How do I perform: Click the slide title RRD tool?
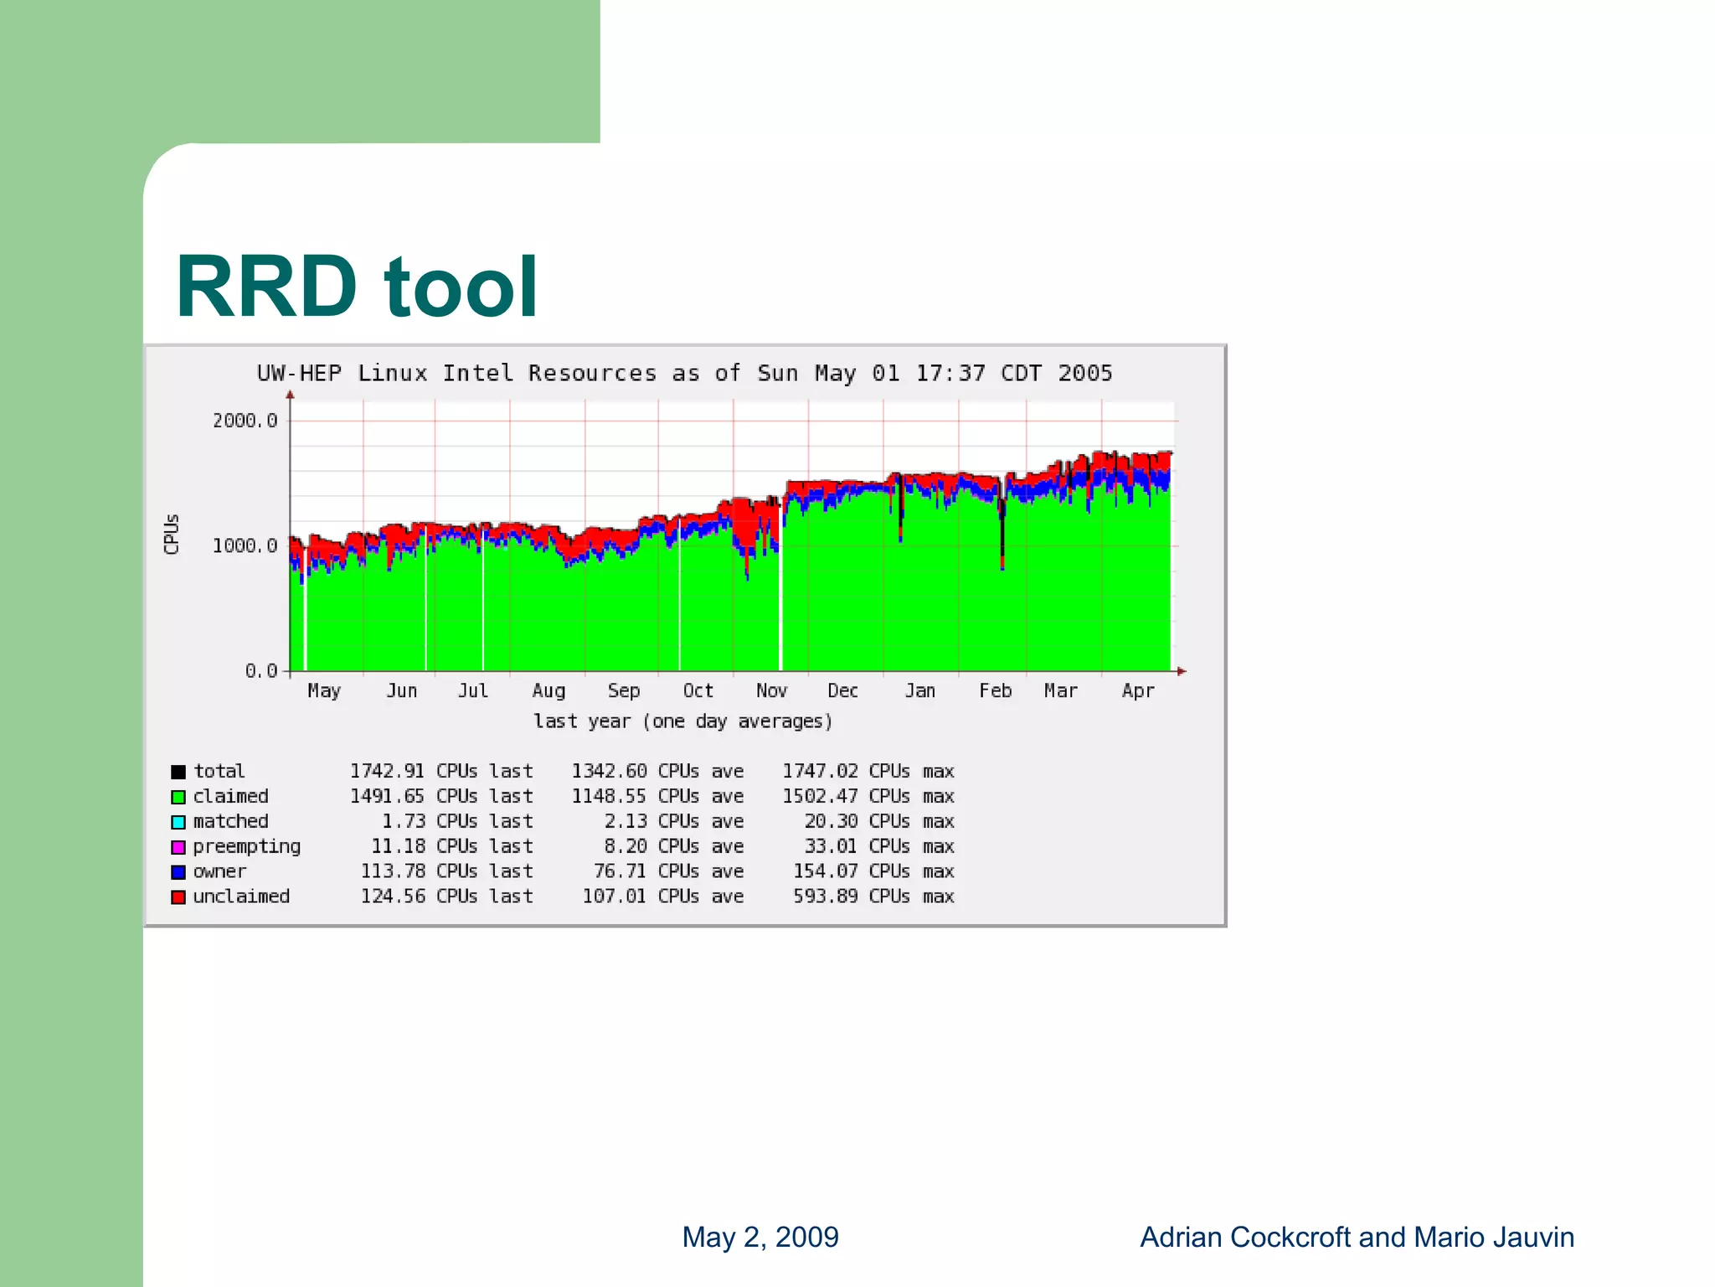tap(356, 287)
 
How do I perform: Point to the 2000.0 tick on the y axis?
tap(245, 421)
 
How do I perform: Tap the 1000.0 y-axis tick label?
tap(245, 546)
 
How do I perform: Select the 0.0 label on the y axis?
tap(260, 671)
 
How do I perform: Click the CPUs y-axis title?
tap(172, 534)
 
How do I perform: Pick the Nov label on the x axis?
tap(771, 691)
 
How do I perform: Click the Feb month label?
tap(996, 691)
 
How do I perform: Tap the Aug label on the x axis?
tap(548, 691)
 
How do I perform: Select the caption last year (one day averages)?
tap(683, 721)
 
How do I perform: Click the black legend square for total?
tap(178, 772)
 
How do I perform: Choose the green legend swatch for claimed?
tap(178, 797)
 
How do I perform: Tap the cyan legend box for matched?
tap(178, 822)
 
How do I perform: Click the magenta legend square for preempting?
tap(178, 847)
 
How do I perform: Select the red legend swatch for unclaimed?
tap(178, 897)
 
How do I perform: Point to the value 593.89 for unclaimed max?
tap(826, 897)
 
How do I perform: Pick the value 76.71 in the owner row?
tap(620, 871)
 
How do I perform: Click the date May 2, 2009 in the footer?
tap(760, 1237)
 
